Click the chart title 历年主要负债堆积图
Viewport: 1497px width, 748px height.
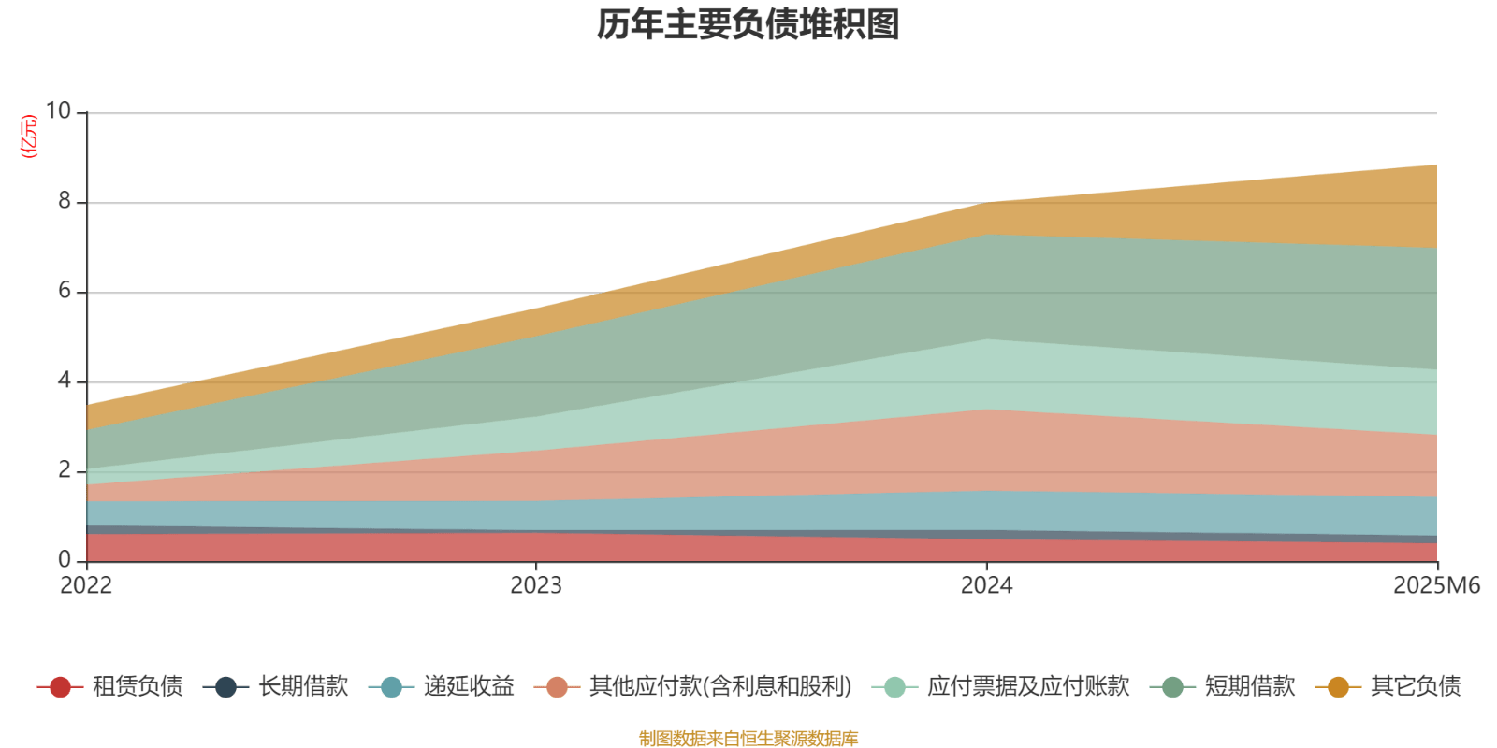coord(748,25)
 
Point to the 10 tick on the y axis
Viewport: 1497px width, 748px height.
coord(58,111)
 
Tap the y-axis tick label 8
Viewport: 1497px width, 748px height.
coord(65,201)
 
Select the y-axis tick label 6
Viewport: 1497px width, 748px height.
coord(65,291)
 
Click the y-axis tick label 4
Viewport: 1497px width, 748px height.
coord(65,381)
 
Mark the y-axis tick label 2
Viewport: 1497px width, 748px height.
coord(65,470)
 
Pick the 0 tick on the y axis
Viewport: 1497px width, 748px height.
coord(65,560)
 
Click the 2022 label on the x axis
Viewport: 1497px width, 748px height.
coord(86,585)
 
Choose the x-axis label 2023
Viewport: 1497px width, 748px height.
coord(536,585)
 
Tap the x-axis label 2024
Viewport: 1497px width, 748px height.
coord(986,585)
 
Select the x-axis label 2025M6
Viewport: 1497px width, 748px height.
coord(1436,585)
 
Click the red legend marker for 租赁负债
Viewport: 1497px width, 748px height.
coord(60,687)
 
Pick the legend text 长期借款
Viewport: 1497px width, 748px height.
coord(303,686)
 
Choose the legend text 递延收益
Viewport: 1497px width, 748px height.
coord(469,686)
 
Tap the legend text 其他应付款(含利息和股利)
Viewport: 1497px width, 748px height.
coord(720,686)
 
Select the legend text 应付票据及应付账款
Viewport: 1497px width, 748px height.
coord(1028,686)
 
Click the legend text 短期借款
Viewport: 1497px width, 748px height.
coord(1249,686)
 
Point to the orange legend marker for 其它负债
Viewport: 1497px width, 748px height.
coord(1338,687)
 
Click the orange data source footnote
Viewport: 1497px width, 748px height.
coord(748,739)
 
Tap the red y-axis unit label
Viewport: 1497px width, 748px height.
coord(29,137)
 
